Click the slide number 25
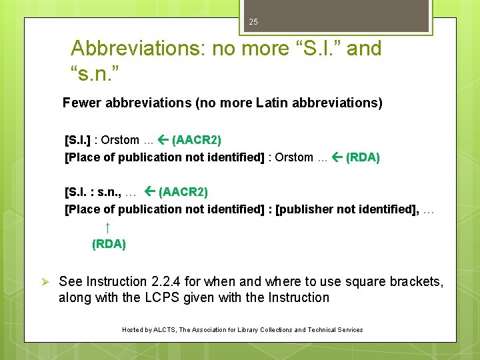pyautogui.click(x=253, y=22)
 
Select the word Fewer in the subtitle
pyautogui.click(x=82, y=103)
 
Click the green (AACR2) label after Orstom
pyautogui.click(x=197, y=140)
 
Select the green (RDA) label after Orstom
pyautogui.click(x=362, y=157)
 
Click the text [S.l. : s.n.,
pyautogui.click(x=93, y=192)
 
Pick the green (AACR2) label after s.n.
pyautogui.click(x=183, y=192)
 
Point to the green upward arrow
pyautogui.click(x=107, y=228)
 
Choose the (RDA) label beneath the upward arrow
pyautogui.click(x=109, y=244)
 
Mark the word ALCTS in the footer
pyautogui.click(x=163, y=330)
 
